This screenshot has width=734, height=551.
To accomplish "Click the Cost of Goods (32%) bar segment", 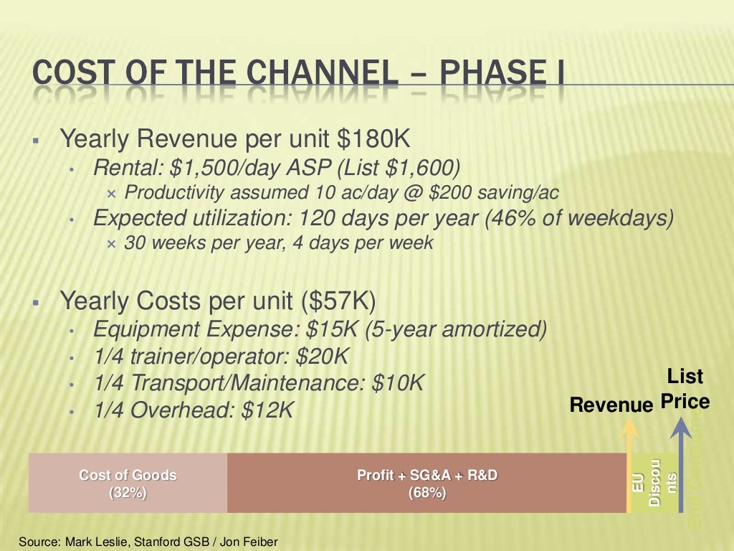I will pyautogui.click(x=128, y=483).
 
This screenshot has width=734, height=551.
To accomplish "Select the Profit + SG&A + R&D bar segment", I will pyautogui.click(x=426, y=483).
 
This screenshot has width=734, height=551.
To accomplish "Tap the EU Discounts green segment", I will pyautogui.click(x=654, y=483).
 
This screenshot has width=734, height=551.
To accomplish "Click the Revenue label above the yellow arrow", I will pyautogui.click(x=611, y=405).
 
